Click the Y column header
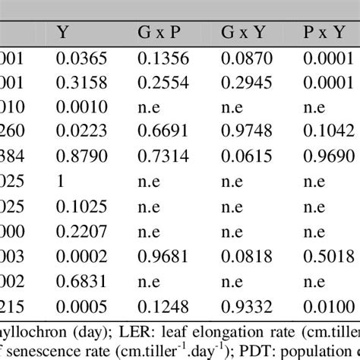coord(62,33)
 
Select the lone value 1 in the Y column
coord(61,181)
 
